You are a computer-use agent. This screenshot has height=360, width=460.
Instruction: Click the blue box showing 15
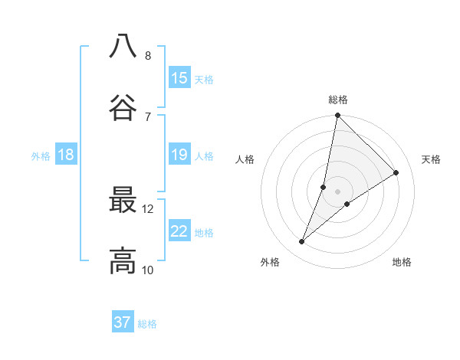click(x=179, y=78)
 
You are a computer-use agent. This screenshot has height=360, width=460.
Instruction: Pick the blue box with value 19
click(x=179, y=155)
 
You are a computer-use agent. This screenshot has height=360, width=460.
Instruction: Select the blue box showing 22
click(x=179, y=231)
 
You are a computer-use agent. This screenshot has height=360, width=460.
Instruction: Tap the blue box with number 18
click(x=66, y=155)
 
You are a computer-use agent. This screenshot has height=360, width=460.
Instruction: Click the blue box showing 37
click(x=123, y=322)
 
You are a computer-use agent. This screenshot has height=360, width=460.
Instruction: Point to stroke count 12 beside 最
click(x=147, y=208)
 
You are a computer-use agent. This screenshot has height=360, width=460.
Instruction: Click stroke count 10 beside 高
click(x=147, y=270)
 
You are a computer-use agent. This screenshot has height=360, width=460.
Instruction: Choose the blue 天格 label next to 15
click(x=204, y=79)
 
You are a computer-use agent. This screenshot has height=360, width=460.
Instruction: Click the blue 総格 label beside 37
click(x=147, y=323)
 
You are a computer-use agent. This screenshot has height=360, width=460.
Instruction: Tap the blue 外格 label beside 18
click(x=41, y=156)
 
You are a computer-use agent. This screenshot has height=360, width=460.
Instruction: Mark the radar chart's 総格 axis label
click(x=338, y=100)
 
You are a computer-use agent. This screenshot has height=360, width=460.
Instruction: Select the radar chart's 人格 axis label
click(x=245, y=159)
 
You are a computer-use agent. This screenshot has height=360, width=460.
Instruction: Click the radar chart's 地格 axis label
click(x=402, y=262)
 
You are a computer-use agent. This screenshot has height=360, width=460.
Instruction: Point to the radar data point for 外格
click(x=302, y=242)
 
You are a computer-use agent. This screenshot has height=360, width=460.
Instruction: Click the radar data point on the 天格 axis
click(x=396, y=172)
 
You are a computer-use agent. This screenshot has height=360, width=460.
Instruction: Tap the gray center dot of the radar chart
click(x=338, y=191)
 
